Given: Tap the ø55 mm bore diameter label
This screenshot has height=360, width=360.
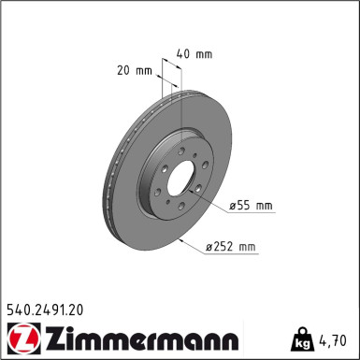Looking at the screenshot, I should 250,205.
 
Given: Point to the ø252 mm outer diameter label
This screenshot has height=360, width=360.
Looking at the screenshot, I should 230,247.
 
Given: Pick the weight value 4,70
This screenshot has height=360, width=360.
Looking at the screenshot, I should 334,338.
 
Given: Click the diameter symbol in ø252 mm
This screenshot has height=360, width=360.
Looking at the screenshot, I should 209,247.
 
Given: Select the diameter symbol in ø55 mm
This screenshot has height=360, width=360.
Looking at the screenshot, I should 232,205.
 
